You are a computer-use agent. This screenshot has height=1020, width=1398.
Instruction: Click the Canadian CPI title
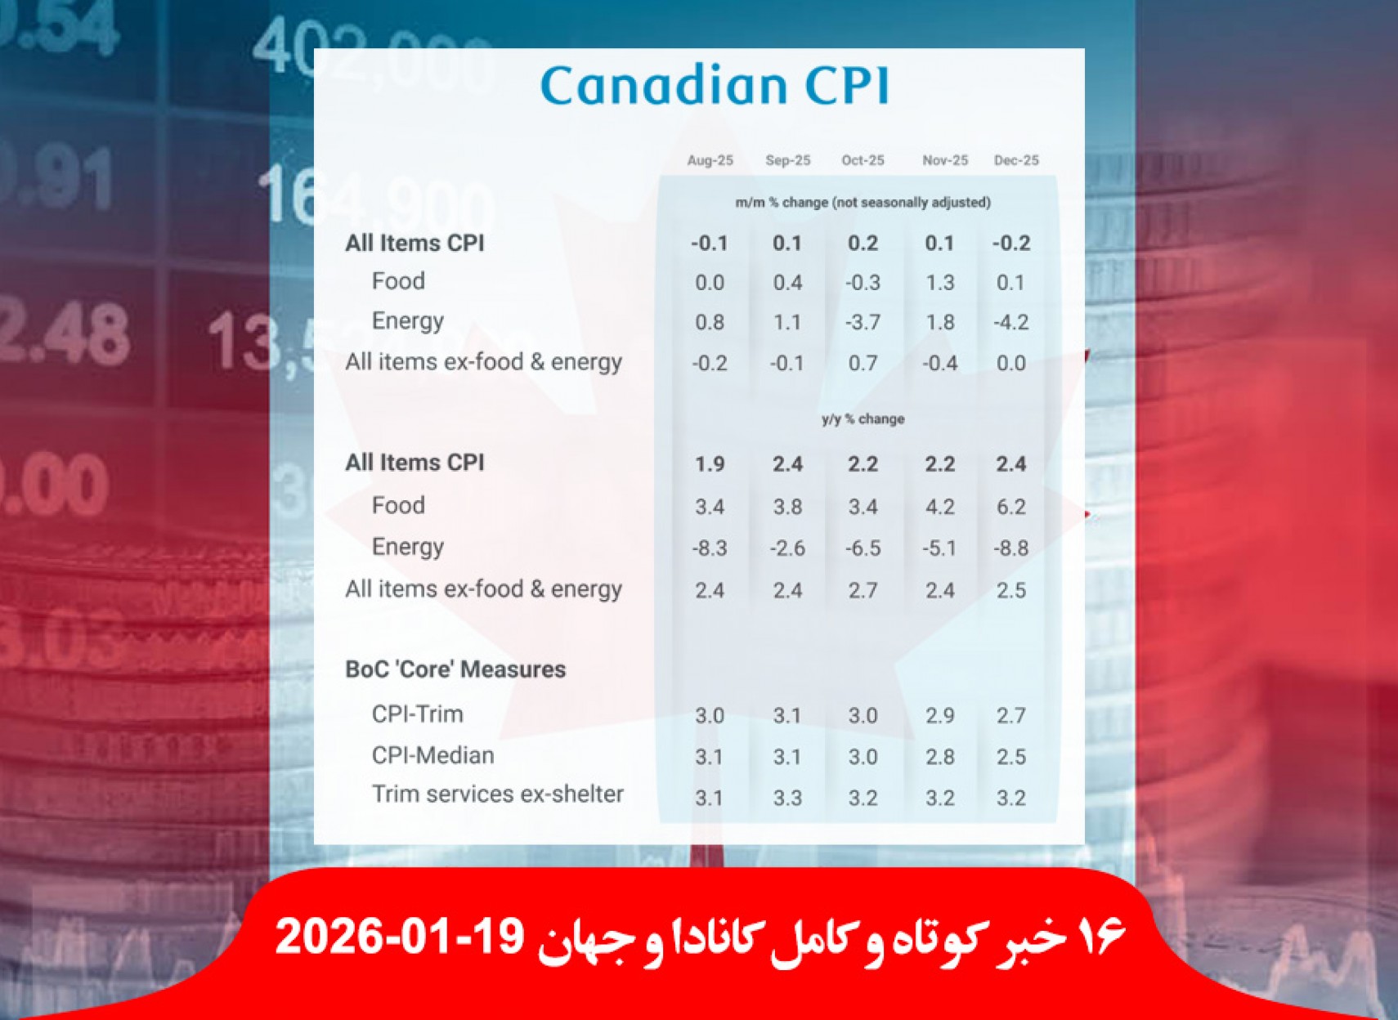pos(715,86)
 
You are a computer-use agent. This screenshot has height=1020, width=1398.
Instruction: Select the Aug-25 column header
pos(710,160)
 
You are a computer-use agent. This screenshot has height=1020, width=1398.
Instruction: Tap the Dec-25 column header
pos(1016,160)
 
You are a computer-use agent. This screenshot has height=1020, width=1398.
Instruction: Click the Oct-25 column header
pos(863,160)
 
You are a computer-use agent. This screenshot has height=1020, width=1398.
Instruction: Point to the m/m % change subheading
pos(863,202)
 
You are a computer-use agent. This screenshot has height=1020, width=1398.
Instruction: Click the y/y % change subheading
pos(863,419)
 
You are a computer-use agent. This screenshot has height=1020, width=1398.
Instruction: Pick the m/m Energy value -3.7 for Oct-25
pos(863,322)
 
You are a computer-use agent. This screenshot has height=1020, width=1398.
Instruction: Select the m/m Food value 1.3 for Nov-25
pos(939,283)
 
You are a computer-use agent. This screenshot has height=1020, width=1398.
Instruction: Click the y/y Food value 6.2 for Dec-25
pos(1010,507)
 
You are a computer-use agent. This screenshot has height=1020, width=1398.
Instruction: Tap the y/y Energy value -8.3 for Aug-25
pos(709,548)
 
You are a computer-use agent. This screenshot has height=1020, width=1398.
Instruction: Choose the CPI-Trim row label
pos(417,714)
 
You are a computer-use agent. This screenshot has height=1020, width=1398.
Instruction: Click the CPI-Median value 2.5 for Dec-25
pos(1010,757)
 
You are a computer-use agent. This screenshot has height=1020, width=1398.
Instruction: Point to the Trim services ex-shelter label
pos(497,794)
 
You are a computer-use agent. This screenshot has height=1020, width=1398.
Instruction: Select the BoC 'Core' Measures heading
pos(455,669)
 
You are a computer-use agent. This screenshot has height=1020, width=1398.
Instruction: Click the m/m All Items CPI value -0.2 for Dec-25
pos(1010,244)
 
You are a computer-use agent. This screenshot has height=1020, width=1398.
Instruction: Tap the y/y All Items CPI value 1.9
pos(709,464)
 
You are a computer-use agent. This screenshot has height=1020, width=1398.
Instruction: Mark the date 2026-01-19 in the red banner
pos(400,937)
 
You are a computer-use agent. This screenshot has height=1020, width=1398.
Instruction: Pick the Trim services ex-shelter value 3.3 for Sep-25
pos(787,798)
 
